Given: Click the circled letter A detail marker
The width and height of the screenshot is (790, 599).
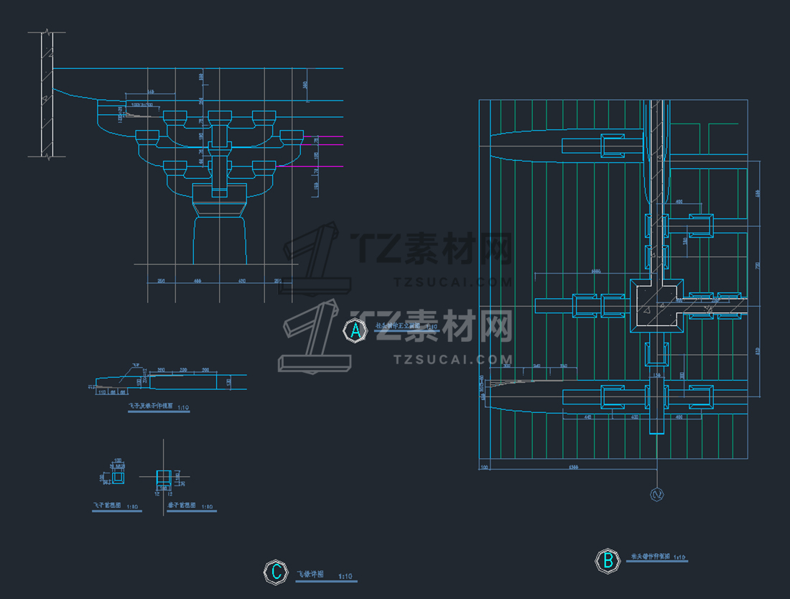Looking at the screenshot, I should [353, 330].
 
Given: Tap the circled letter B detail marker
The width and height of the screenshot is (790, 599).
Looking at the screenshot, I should [608, 561].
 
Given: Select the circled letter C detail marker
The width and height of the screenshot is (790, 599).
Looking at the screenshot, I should [275, 572].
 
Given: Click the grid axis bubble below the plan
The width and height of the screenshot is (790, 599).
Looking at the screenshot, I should [656, 494].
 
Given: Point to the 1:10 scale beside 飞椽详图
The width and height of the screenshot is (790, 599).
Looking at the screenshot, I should [345, 576].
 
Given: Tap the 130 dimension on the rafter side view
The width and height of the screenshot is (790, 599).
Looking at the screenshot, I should [229, 381].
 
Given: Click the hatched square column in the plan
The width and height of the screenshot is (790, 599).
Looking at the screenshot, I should [656, 305].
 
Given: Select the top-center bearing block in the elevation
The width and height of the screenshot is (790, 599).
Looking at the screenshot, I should [220, 116].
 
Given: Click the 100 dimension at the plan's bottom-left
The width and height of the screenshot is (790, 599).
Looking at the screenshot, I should [484, 468].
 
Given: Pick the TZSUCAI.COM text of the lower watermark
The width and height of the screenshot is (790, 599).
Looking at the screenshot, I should [452, 358].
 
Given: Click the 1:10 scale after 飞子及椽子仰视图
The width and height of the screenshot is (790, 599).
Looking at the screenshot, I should [183, 408].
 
